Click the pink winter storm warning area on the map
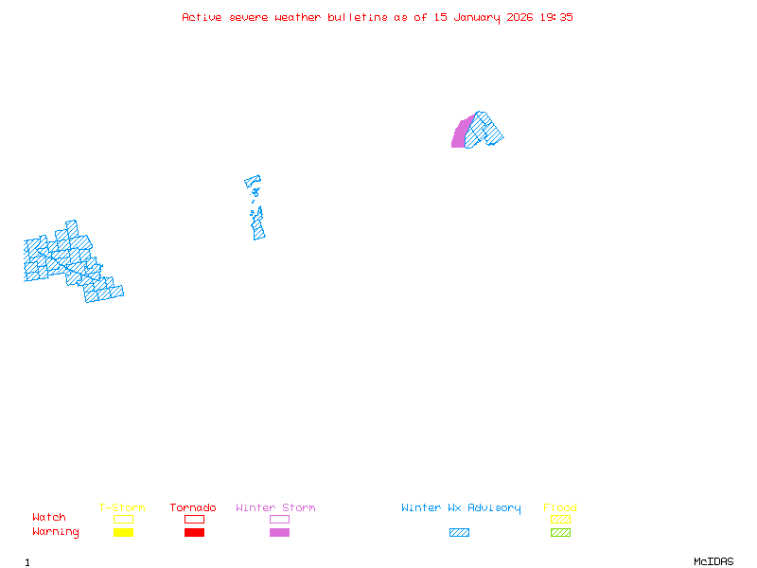(x=459, y=134)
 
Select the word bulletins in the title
(x=358, y=17)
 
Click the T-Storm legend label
(x=122, y=508)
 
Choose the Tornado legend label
(x=193, y=508)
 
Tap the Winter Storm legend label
(x=275, y=508)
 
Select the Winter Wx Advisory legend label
(x=461, y=508)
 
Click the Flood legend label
(x=560, y=508)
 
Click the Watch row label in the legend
(x=49, y=518)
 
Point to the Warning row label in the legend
(x=56, y=532)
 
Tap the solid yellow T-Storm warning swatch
(x=123, y=533)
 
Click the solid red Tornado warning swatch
(x=194, y=533)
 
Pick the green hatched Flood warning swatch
(x=560, y=533)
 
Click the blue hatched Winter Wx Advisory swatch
(x=459, y=533)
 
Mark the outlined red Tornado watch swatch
(x=194, y=520)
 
